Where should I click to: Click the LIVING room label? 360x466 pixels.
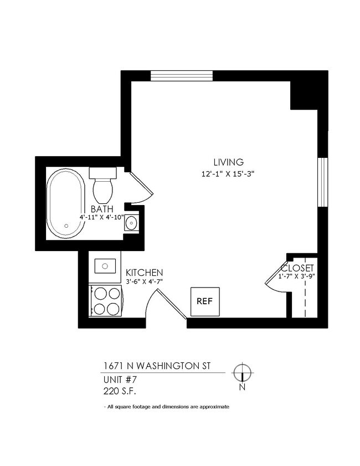pos(228,162)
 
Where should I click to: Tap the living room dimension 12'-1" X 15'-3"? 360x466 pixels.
pos(228,173)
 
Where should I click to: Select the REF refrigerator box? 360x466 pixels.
pos(205,302)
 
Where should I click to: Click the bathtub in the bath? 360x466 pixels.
pos(66,203)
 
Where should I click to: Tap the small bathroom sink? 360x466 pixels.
pos(131,223)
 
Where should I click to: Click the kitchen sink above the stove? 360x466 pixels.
pos(105,267)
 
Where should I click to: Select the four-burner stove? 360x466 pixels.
pos(106,301)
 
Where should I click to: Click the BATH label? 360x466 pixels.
pos(102,209)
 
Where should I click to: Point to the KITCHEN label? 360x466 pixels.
pos(144,273)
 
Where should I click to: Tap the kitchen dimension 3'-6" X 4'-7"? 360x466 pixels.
pos(144,282)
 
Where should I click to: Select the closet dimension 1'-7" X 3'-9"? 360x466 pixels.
pos(297,276)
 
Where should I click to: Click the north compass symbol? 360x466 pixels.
pos(242,372)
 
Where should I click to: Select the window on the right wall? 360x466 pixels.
pos(321,182)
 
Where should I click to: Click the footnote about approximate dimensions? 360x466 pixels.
pos(166,407)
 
